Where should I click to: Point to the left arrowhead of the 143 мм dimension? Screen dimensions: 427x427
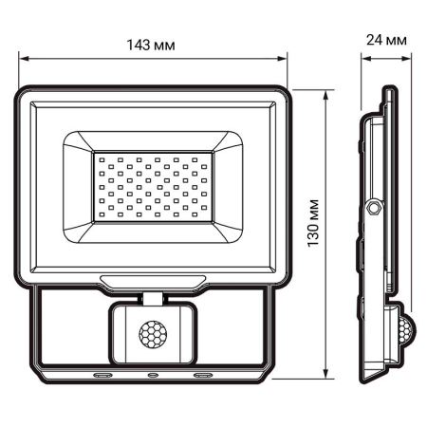click(x=23, y=59)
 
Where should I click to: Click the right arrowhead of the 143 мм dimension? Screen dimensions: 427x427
click(x=284, y=59)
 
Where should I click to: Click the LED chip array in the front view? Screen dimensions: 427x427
click(x=152, y=185)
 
